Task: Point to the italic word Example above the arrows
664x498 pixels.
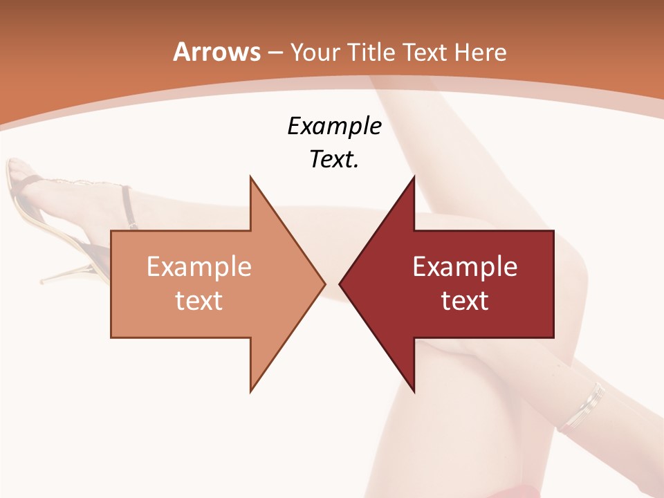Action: tap(334, 127)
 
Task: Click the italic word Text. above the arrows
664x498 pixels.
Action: tap(334, 159)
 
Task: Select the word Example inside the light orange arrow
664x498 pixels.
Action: tap(199, 267)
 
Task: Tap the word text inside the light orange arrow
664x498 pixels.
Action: tap(199, 300)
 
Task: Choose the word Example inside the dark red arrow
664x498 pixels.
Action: tap(465, 267)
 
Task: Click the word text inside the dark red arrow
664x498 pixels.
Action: tap(465, 300)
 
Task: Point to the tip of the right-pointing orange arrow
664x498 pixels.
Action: tap(325, 284)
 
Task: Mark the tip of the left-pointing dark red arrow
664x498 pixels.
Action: tap(340, 284)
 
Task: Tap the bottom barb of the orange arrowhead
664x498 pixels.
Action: tap(252, 389)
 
